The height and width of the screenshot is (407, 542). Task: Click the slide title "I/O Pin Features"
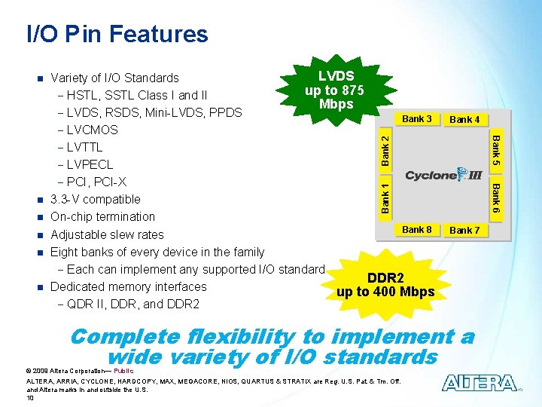117,34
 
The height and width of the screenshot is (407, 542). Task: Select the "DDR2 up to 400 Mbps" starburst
385,285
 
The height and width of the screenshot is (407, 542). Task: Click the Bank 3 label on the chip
417,119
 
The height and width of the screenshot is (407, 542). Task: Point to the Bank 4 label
464,119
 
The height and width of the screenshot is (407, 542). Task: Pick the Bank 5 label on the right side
495,151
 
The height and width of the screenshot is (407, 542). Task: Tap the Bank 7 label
464,230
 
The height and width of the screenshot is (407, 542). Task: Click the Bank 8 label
417,229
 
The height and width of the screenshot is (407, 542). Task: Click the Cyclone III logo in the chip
443,175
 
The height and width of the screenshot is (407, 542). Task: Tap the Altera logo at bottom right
480,383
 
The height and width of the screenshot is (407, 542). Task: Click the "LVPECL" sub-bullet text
90,164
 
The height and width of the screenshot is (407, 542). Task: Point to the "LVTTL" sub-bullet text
84,147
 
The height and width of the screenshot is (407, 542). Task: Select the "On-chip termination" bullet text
103,217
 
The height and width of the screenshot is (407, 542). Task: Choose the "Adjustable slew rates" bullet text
107,234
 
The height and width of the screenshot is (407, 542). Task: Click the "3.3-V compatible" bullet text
95,200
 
